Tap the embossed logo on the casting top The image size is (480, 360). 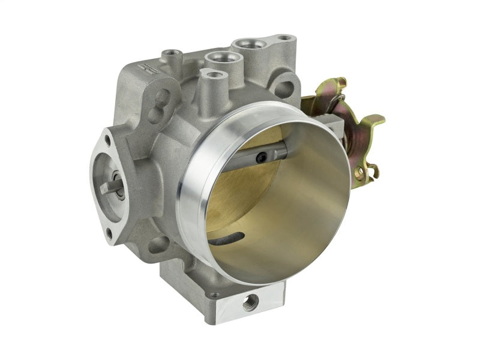[x=142, y=67]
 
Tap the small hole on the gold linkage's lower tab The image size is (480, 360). [x=359, y=175]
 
